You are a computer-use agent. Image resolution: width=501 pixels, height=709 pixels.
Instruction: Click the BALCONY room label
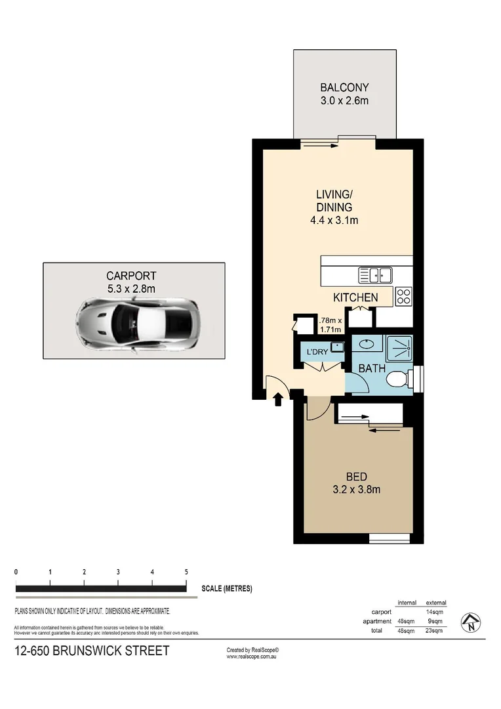point(344,87)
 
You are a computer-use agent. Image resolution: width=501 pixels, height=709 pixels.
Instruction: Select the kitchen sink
point(374,274)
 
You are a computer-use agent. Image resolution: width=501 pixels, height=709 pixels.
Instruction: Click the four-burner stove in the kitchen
point(403,297)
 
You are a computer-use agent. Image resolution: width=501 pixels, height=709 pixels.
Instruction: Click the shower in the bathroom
point(399,348)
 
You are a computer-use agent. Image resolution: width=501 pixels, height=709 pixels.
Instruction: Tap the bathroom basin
point(365,343)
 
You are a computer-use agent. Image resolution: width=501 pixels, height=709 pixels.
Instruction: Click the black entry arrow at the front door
point(278,398)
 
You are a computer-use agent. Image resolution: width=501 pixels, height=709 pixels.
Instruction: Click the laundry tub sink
point(337,347)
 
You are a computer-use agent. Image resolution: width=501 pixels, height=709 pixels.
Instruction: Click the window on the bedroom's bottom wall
point(390,538)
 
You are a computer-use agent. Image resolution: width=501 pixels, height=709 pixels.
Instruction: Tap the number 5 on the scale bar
point(186,572)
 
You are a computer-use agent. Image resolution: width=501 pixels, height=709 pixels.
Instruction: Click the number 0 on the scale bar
point(16,572)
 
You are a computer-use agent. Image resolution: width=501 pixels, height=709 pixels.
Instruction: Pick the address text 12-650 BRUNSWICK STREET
point(92,651)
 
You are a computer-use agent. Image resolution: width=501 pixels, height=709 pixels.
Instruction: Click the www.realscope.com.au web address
point(254,656)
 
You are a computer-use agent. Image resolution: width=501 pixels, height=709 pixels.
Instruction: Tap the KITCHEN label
point(355,297)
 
